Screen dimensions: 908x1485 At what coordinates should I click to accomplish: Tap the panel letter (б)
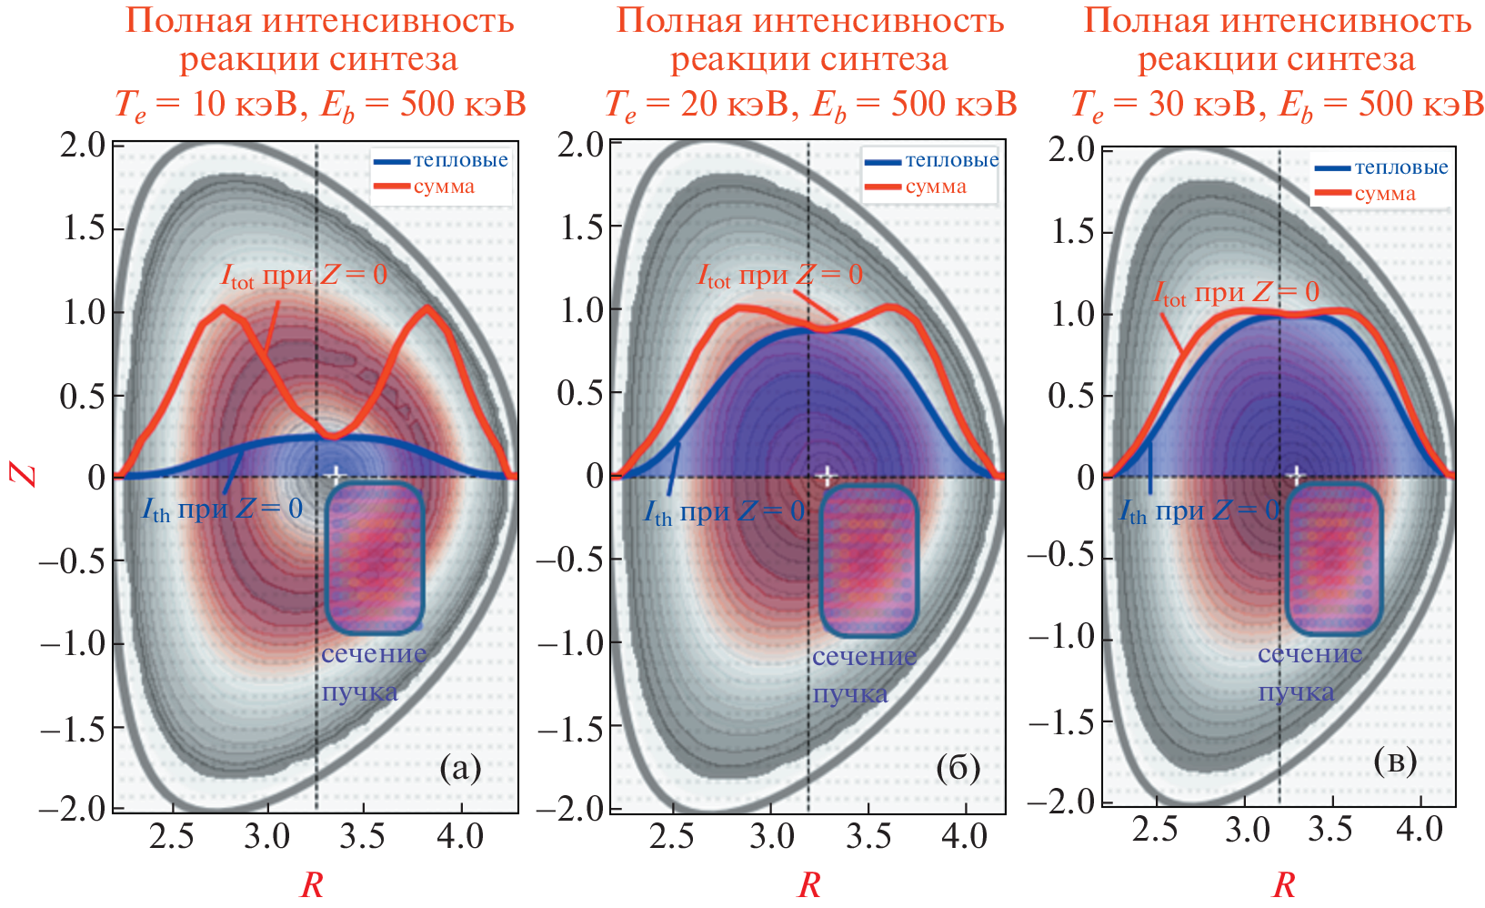(958, 769)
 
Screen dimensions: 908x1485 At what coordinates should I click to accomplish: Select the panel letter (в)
(1396, 761)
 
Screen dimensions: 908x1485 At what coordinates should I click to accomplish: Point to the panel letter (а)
(460, 769)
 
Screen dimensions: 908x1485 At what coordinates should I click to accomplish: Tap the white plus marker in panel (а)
(335, 474)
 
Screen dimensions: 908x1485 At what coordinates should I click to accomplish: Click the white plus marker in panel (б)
(826, 475)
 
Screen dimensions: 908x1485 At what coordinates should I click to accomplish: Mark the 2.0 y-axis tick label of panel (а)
(83, 145)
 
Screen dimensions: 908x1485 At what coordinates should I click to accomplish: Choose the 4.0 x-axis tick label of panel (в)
(1419, 830)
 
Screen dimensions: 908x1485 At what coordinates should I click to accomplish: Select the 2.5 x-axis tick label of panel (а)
(172, 835)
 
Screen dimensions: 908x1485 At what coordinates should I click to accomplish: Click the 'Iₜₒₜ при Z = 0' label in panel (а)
(304, 275)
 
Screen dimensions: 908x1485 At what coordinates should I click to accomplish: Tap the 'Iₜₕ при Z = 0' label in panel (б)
(725, 513)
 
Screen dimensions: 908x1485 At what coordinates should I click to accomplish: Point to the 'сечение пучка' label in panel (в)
(1309, 672)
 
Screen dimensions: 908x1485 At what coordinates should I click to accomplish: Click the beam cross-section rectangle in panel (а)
(375, 559)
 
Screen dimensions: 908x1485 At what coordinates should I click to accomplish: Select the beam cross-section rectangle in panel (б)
(868, 560)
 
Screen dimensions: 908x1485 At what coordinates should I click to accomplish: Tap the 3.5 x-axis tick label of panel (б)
(869, 835)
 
